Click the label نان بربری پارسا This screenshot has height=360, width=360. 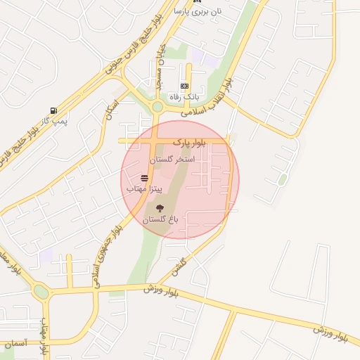pos(198,11)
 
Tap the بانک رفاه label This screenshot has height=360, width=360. pos(184,97)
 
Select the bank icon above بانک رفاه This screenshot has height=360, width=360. pos(184,86)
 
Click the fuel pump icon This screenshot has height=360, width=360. pos(53,110)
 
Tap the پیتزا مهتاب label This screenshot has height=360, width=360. pos(145,189)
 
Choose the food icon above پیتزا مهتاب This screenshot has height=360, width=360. pos(145,178)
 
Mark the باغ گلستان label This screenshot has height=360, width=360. pos(161,219)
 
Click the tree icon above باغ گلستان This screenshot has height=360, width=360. pos(160,207)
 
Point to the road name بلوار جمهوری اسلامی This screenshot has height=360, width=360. pos(106,246)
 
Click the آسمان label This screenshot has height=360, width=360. pos(15,343)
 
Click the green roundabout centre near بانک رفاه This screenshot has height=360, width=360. pos(157,107)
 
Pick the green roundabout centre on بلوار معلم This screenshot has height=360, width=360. pos(41,292)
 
